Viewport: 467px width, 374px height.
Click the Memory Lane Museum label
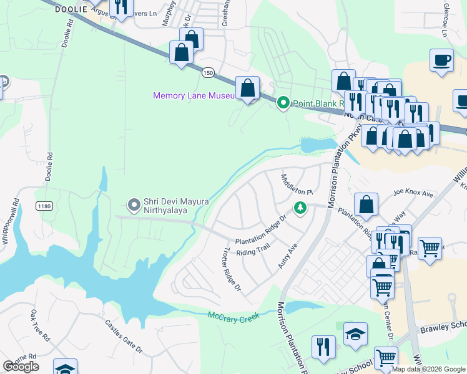[194, 95]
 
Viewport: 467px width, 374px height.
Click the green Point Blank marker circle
[283, 103]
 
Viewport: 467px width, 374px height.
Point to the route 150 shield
[207, 73]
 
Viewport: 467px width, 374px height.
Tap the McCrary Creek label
[233, 317]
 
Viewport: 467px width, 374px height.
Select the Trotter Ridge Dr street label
[231, 269]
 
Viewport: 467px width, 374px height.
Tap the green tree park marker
[301, 207]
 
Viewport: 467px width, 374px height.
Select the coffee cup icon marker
[441, 60]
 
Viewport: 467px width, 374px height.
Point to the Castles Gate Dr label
[124, 335]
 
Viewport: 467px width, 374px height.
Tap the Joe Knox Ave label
[413, 194]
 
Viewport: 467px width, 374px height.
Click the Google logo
[21, 367]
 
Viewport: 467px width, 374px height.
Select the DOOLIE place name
[70, 9]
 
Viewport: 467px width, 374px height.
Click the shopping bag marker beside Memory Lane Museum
[248, 88]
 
